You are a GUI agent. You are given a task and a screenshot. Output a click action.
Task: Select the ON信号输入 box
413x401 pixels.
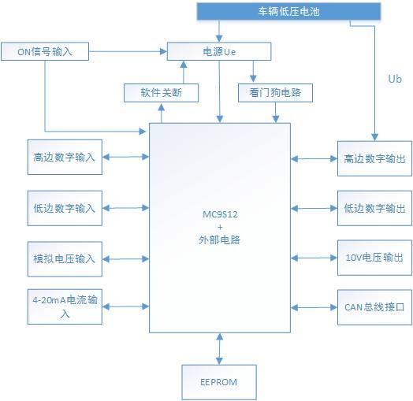pos(45,52)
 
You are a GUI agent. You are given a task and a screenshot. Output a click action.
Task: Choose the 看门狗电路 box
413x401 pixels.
pos(275,93)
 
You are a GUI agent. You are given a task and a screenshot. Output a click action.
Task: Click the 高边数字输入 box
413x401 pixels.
pos(65,157)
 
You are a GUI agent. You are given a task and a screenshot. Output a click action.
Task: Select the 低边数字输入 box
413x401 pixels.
pos(65,208)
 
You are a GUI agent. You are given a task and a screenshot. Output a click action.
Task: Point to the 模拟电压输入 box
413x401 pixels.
pos(65,258)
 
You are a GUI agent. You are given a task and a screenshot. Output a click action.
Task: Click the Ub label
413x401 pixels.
pos(396,80)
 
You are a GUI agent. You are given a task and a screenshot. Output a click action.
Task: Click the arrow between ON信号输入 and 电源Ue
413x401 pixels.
pos(128,52)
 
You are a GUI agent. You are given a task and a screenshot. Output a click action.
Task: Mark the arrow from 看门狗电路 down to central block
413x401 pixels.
pos(275,113)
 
